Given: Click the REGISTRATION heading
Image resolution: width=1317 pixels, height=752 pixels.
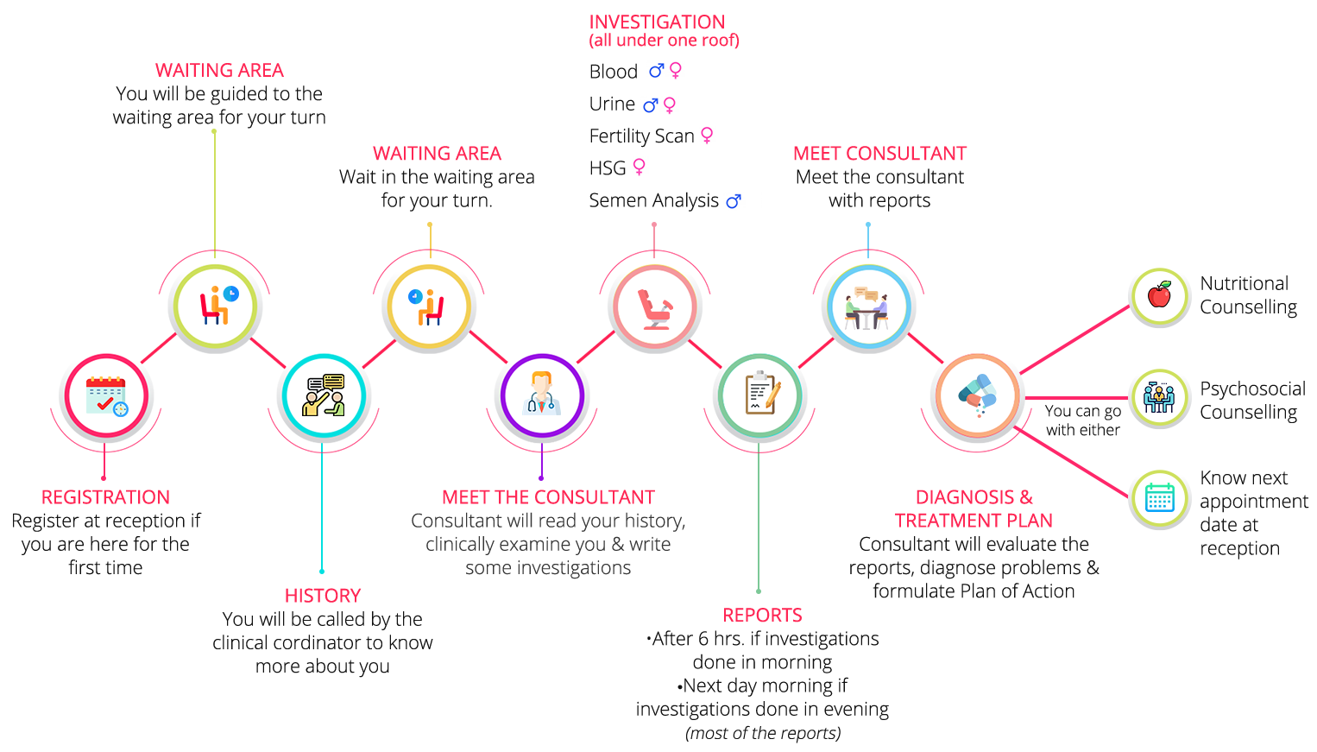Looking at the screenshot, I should [x=105, y=497].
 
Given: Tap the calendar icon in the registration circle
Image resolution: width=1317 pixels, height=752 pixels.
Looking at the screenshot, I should [x=106, y=395].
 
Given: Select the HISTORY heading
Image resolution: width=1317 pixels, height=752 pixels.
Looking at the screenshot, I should [x=323, y=596].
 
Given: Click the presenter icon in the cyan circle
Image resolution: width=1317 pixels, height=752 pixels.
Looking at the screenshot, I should [x=324, y=395].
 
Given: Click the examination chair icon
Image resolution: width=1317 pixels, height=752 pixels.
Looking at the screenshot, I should [x=654, y=307].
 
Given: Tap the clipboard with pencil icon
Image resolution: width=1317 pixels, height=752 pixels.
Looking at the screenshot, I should [x=760, y=395].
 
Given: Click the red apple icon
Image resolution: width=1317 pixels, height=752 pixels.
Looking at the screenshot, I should [x=1159, y=295].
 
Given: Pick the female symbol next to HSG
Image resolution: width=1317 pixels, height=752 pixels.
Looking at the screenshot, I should [x=640, y=166].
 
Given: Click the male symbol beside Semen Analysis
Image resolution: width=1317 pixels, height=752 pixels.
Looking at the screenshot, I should [x=733, y=201].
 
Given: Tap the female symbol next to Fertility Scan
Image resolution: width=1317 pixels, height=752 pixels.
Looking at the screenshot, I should [x=707, y=135].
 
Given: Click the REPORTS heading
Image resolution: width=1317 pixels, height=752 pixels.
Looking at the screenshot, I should [x=763, y=616].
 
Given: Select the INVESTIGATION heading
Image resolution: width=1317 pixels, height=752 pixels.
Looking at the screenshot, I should [x=657, y=22].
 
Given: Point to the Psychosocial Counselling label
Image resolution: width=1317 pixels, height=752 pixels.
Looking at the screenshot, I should [x=1252, y=401].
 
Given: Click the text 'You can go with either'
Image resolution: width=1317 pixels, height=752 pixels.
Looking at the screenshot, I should [x=1082, y=420].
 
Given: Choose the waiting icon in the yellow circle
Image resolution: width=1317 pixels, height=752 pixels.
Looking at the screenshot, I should [x=429, y=306].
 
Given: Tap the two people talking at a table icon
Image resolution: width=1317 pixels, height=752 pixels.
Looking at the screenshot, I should [x=867, y=307].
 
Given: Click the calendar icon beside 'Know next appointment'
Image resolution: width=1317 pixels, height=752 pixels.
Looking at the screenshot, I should [x=1159, y=498].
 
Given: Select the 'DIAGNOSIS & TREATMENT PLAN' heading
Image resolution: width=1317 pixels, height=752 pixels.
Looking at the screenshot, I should [x=974, y=509].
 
